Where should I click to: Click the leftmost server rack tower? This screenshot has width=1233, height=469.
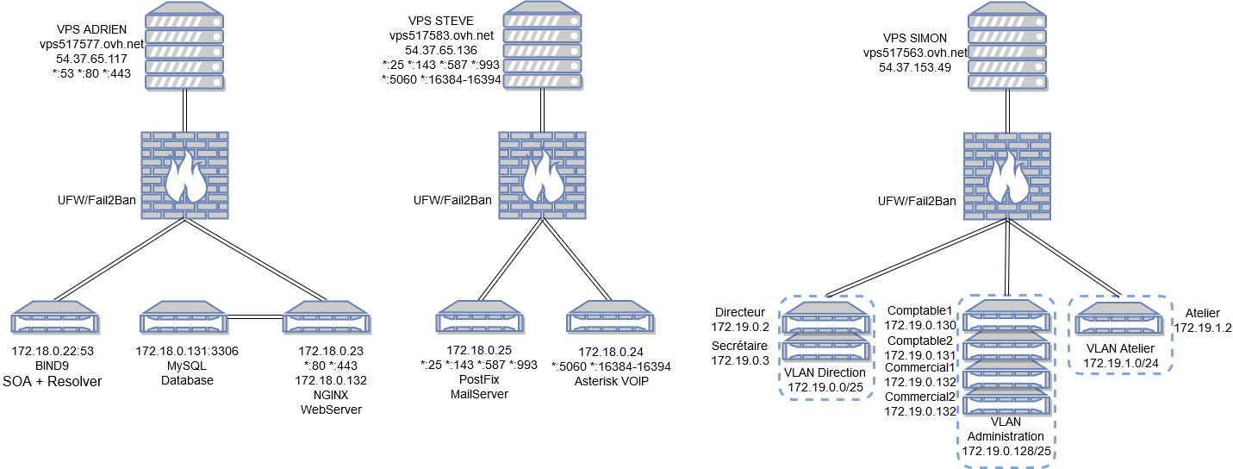click(184, 46)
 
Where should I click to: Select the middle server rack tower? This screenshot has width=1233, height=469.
click(542, 46)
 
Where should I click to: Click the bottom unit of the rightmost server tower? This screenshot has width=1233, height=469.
click(1006, 81)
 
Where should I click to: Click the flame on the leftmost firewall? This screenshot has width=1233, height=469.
click(184, 178)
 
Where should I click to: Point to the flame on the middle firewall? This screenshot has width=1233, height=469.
click(543, 178)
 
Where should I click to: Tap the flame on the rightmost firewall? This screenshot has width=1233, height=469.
click(1007, 178)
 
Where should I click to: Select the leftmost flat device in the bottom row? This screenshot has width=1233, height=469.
click(54, 317)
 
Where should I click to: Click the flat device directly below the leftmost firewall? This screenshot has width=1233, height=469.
click(184, 317)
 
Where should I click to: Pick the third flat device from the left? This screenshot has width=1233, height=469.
click(326, 317)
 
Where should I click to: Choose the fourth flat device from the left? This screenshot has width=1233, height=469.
click(479, 317)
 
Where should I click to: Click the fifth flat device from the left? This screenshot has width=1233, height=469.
click(610, 317)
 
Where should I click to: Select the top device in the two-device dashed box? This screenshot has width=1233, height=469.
click(825, 317)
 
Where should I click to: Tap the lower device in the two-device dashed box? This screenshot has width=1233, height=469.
click(825, 347)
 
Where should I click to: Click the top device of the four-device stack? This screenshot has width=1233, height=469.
click(1006, 316)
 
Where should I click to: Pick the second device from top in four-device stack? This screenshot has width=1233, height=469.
click(1006, 346)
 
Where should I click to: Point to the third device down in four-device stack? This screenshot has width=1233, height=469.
click(1006, 375)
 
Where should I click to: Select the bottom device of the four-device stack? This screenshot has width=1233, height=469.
click(1006, 402)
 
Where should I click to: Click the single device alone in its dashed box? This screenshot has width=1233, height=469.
click(1118, 318)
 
